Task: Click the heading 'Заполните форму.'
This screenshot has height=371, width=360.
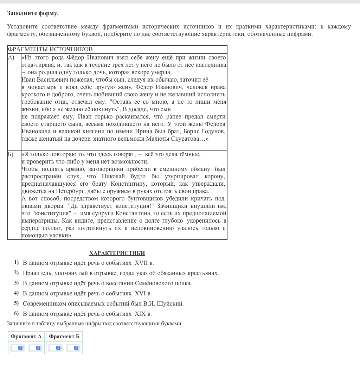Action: (x=33, y=13)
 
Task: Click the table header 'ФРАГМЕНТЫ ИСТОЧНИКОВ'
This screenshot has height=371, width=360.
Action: (x=50, y=50)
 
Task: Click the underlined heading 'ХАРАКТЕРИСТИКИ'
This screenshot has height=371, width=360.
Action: (x=117, y=253)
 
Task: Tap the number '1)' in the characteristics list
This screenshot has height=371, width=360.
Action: (x=17, y=262)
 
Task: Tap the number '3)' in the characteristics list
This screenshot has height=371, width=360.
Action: (x=17, y=283)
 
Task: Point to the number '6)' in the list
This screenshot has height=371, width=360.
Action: (x=17, y=313)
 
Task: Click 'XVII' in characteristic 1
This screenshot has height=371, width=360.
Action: (x=141, y=263)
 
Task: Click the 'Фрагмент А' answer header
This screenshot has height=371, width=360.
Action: (x=26, y=337)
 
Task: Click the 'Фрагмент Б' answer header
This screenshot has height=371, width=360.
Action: (x=64, y=337)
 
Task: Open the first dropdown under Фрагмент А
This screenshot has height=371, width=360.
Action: (x=17, y=348)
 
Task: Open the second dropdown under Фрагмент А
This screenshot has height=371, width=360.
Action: (x=35, y=348)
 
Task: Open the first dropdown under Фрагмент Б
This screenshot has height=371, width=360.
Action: (x=55, y=348)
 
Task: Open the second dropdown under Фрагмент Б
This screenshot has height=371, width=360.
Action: (x=73, y=348)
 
